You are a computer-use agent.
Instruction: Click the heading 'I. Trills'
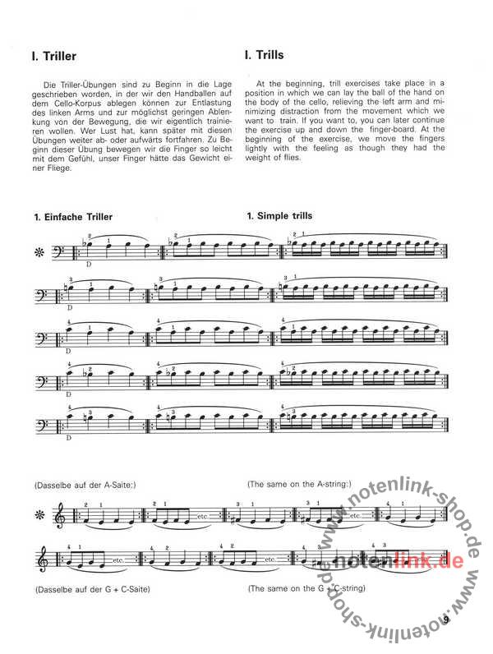click(x=265, y=56)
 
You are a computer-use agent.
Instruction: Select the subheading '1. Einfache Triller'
click(x=75, y=217)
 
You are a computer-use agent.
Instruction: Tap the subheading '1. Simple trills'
click(x=279, y=216)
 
